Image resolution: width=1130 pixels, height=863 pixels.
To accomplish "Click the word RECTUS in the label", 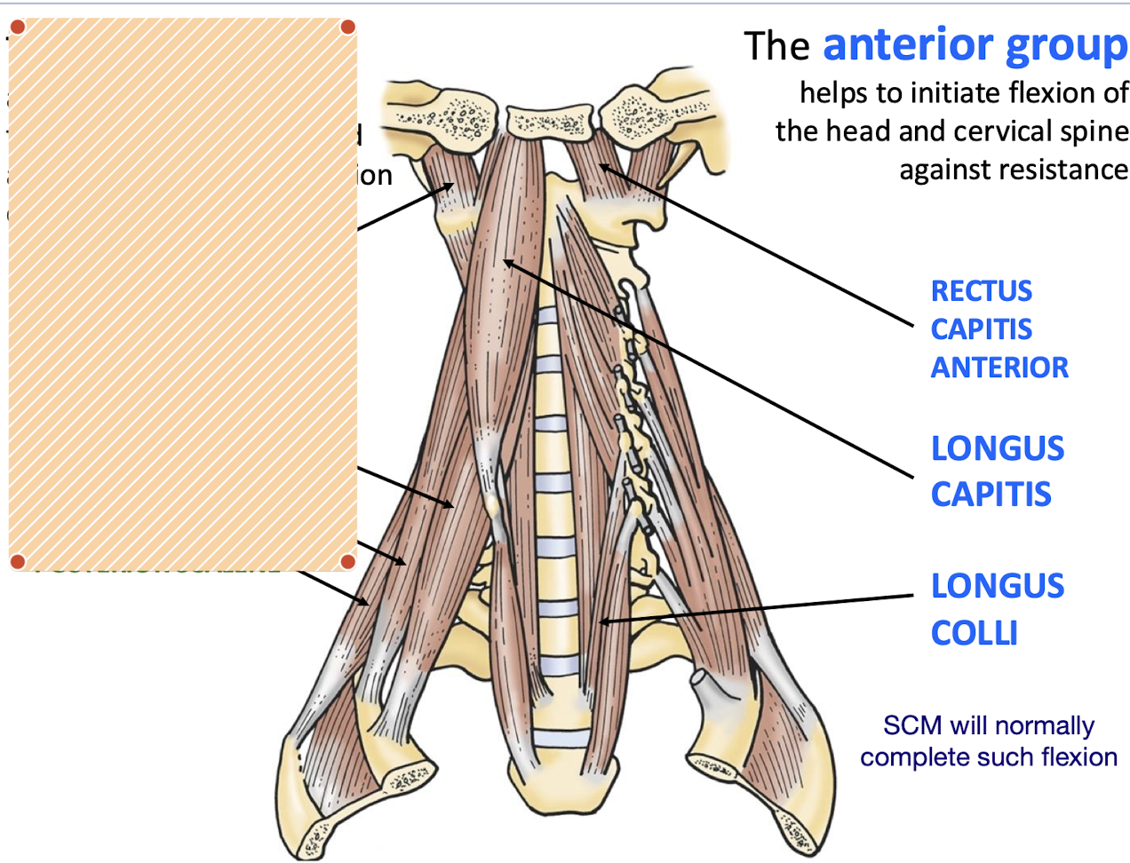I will (x=981, y=291).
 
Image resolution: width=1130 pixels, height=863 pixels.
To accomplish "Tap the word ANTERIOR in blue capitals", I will (x=999, y=368).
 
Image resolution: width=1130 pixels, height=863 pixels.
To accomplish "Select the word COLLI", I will (x=974, y=633).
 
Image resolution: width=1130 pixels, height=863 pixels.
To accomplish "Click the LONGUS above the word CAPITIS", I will (x=997, y=448).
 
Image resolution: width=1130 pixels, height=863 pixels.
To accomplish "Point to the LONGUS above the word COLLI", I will (x=997, y=586).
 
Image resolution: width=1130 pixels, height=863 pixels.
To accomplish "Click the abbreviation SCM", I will (x=911, y=725).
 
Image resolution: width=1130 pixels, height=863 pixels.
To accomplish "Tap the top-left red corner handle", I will (x=17, y=27).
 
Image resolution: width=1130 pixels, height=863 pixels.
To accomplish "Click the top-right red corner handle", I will (x=348, y=27).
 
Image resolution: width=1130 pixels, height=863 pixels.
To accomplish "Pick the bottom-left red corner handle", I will (x=17, y=561).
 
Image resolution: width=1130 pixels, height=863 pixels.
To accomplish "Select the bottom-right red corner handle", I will (x=348, y=561).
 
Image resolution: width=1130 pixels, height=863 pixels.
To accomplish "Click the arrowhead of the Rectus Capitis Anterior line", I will (x=602, y=165).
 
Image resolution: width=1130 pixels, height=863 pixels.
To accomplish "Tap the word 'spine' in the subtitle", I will (x=1098, y=131).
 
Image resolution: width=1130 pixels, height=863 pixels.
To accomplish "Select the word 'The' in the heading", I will (x=776, y=47).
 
